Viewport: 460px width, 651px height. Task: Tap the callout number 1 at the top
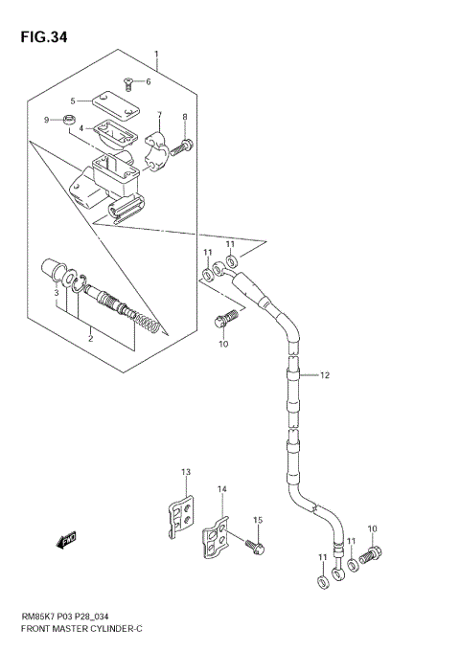click(x=157, y=55)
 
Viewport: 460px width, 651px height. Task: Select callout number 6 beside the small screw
click(x=148, y=81)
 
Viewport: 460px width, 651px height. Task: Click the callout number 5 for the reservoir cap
click(x=72, y=101)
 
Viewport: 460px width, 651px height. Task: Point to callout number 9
click(x=46, y=120)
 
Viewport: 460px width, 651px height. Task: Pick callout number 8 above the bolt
click(x=184, y=117)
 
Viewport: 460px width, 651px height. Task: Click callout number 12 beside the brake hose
click(x=325, y=375)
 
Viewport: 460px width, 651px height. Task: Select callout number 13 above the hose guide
click(x=186, y=472)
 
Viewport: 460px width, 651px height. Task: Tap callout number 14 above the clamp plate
click(x=221, y=489)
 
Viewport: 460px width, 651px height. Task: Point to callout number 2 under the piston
click(x=90, y=338)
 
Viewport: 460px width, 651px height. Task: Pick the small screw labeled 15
click(x=255, y=547)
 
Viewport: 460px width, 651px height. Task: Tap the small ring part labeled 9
click(x=67, y=120)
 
